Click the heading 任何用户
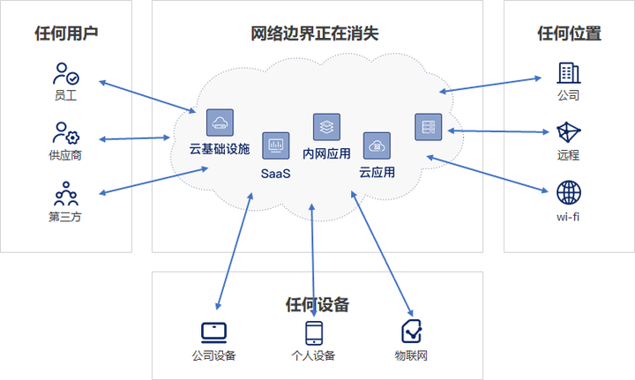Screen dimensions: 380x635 (x=66, y=34)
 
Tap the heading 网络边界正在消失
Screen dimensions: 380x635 (x=315, y=34)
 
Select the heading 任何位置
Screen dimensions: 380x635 (x=569, y=34)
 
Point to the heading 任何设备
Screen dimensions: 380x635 (x=317, y=305)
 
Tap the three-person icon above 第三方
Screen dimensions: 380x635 (x=65, y=193)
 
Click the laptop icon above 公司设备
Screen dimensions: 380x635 (x=213, y=332)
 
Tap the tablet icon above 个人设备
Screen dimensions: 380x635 (x=314, y=332)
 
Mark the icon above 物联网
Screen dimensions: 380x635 (x=411, y=332)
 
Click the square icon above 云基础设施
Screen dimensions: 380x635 (x=220, y=122)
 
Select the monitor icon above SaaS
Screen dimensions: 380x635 (x=275, y=144)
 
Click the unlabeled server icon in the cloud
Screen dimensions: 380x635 (x=429, y=127)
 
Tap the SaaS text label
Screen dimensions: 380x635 (x=275, y=173)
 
